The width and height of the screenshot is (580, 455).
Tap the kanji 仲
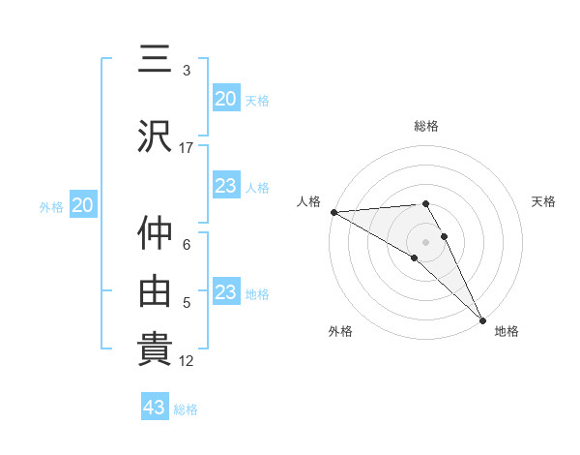point(156,233)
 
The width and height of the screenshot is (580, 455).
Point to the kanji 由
point(156,289)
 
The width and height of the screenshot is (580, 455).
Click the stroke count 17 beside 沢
point(187,147)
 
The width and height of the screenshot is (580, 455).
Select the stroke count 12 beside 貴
point(188,361)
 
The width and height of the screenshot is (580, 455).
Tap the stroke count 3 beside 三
point(187,71)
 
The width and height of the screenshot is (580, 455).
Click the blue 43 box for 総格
point(155,408)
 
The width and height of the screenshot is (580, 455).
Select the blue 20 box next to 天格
point(225,99)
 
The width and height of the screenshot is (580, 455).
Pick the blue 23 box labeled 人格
point(225,186)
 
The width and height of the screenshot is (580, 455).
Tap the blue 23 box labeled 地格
point(225,292)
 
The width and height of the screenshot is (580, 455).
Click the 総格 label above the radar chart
point(426,126)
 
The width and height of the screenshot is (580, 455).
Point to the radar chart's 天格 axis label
point(543,201)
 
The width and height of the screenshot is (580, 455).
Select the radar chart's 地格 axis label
point(507,331)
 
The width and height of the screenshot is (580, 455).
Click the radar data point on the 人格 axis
point(333,212)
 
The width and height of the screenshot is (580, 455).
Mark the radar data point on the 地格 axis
point(482,319)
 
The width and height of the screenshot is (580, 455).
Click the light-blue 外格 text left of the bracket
point(51,206)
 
